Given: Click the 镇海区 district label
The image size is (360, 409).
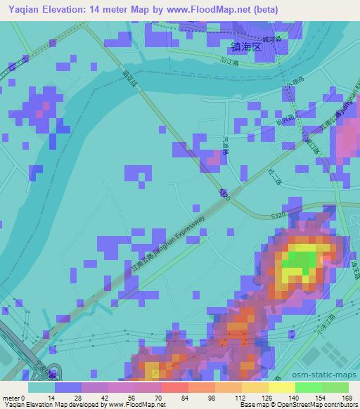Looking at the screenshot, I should pyautogui.click(x=246, y=47).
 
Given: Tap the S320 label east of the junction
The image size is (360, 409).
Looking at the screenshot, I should pyautogui.click(x=279, y=210).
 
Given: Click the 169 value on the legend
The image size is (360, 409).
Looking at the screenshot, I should pyautogui.click(x=346, y=397).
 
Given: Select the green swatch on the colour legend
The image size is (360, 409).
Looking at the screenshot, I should pyautogui.click(x=321, y=387).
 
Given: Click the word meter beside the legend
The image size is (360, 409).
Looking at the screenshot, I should pyautogui.click(x=11, y=397).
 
